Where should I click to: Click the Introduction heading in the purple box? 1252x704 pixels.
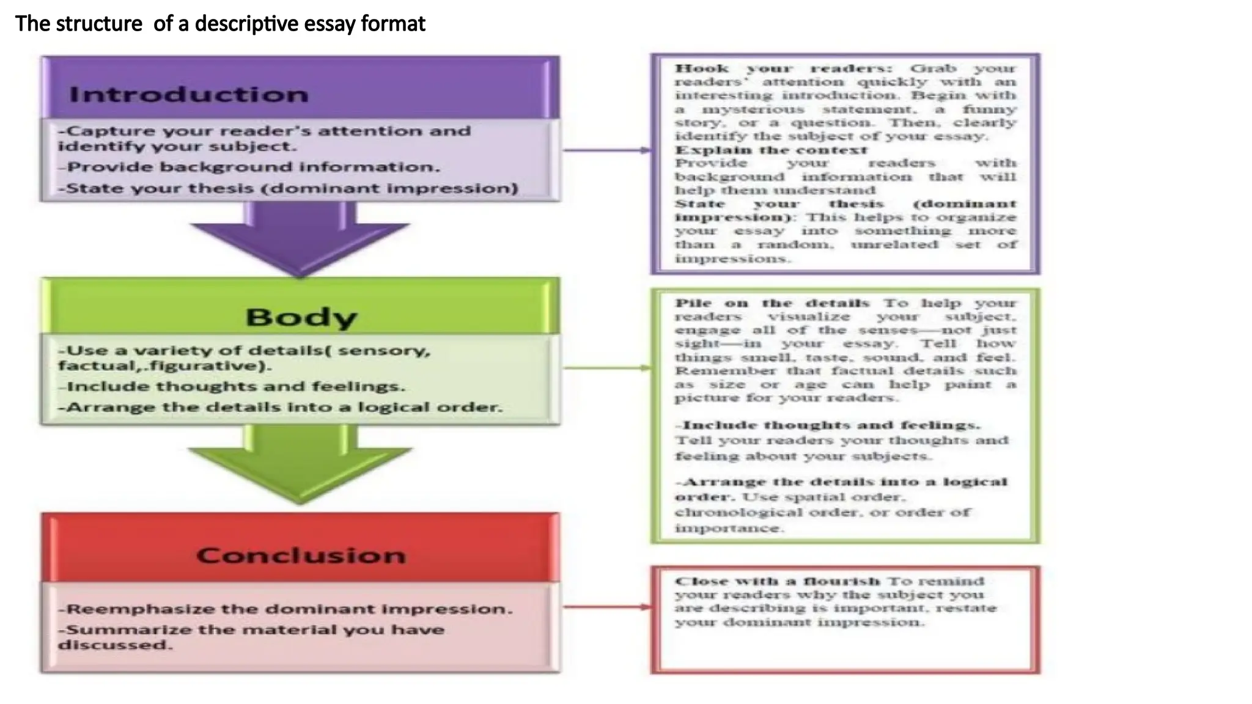(x=188, y=95)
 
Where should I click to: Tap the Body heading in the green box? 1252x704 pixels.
(x=301, y=317)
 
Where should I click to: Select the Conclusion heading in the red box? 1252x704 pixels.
(x=301, y=555)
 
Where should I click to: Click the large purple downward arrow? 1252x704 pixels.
(x=300, y=241)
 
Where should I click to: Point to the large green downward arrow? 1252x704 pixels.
(x=300, y=468)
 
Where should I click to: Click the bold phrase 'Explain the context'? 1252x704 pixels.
(x=771, y=150)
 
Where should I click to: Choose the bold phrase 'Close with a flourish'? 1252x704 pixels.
(x=777, y=581)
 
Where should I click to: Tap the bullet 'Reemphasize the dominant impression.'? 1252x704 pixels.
(x=285, y=609)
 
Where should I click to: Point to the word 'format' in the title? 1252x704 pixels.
(x=393, y=24)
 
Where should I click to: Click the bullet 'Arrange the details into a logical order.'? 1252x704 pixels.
(x=281, y=407)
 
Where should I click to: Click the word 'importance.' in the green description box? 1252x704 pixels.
(x=729, y=528)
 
